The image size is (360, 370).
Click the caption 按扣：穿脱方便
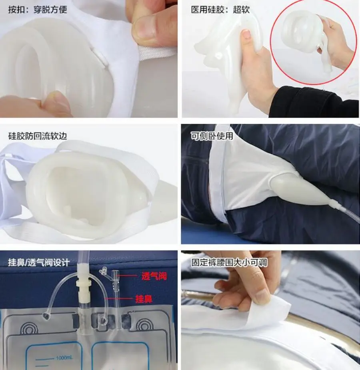coord(38,10)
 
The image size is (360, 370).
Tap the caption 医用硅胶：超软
coord(220,10)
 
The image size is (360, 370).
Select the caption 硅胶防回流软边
coord(38,136)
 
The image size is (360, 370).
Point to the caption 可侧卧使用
coord(212,136)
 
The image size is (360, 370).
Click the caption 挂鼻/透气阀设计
coord(39,263)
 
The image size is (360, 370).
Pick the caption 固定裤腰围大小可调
coord(229,263)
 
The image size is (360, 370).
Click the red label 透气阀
coord(154,276)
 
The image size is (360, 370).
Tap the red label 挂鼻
coord(144,299)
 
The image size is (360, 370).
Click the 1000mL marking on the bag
coord(64,358)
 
